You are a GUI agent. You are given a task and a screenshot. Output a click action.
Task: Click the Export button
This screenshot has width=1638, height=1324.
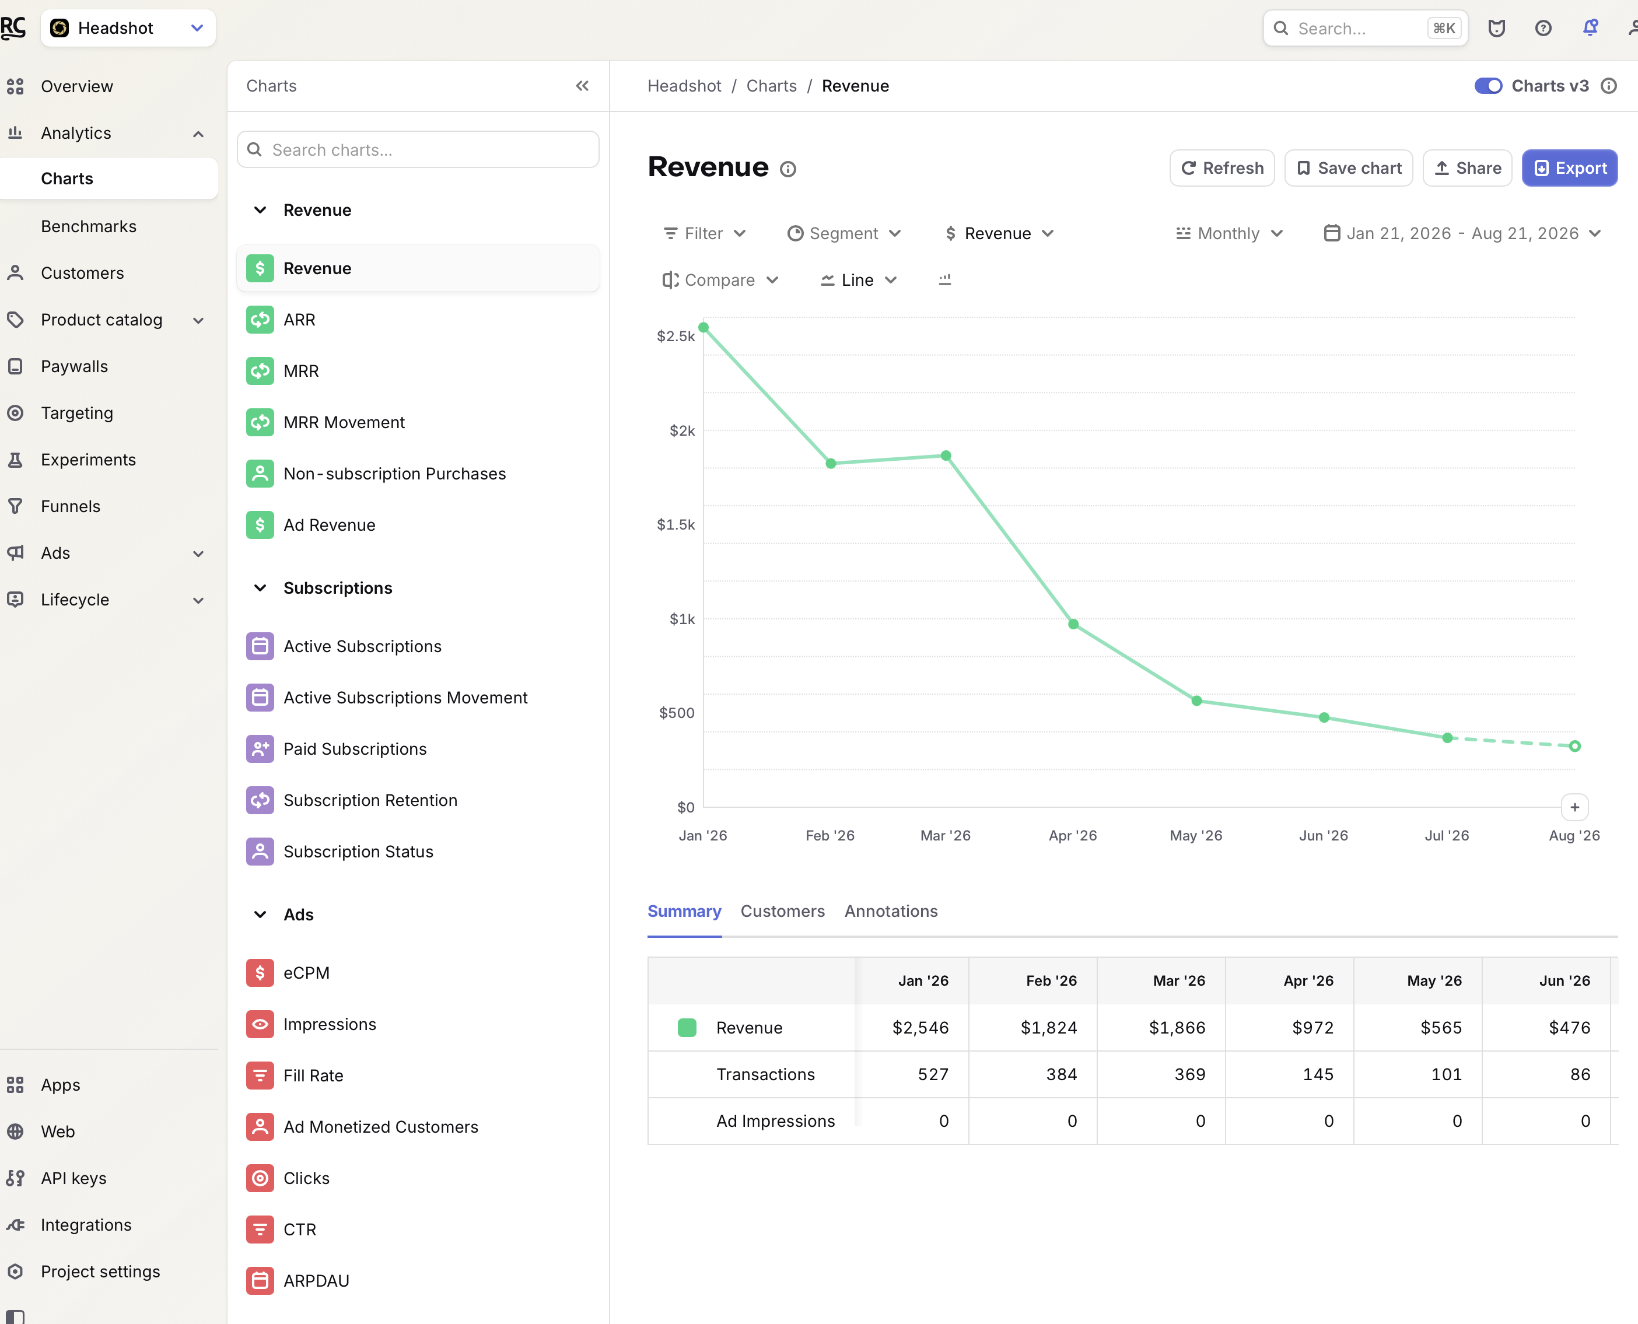pos(1569,168)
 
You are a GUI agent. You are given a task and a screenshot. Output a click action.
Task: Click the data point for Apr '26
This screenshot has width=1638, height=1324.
pos(1073,624)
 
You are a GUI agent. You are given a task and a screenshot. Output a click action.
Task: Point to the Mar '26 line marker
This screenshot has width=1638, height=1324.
pos(946,456)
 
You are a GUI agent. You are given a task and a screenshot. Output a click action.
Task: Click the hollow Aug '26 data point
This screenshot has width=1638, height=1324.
pos(1574,746)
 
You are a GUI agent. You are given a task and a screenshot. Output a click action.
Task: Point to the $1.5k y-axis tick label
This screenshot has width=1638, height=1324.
pos(675,525)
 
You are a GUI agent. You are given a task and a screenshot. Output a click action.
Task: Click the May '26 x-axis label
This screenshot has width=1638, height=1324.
pos(1196,835)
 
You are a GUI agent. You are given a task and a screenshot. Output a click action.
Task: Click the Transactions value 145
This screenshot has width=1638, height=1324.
pos(1318,1074)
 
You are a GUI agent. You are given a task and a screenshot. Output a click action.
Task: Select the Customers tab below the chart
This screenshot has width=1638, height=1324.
pos(782,910)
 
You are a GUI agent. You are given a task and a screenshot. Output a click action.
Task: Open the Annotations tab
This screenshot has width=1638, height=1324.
pos(891,910)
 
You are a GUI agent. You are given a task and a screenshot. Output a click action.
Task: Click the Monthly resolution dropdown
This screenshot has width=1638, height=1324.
pos(1229,233)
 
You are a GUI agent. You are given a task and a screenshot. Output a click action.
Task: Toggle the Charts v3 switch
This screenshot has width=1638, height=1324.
pos(1487,85)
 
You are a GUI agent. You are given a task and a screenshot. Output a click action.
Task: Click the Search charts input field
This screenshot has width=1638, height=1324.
pos(418,149)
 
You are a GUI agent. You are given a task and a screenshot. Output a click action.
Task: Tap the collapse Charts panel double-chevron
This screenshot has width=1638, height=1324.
pos(582,85)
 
